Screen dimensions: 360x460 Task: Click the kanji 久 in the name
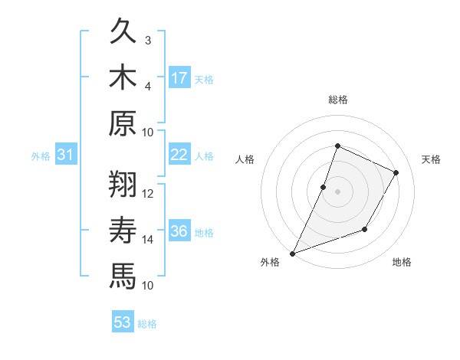(123, 32)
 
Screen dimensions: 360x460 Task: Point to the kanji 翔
(123, 185)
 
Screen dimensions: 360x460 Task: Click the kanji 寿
(123, 230)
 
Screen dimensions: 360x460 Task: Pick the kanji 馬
(123, 275)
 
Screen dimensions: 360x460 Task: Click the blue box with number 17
(179, 77)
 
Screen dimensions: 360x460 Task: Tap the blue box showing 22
(179, 155)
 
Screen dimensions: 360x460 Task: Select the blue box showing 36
(179, 231)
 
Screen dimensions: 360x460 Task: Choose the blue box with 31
(66, 155)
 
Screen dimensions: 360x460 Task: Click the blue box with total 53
(123, 322)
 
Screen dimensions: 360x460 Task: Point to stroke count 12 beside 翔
(148, 193)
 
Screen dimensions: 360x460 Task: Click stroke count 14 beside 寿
(148, 239)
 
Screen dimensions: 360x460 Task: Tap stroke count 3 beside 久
(148, 40)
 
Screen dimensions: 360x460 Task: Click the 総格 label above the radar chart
(337, 100)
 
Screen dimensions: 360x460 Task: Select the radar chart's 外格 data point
(292, 254)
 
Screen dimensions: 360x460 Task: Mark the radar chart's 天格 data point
(396, 172)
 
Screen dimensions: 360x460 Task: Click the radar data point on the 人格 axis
(324, 187)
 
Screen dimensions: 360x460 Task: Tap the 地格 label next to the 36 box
(204, 232)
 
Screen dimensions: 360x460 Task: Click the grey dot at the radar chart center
(337, 191)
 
